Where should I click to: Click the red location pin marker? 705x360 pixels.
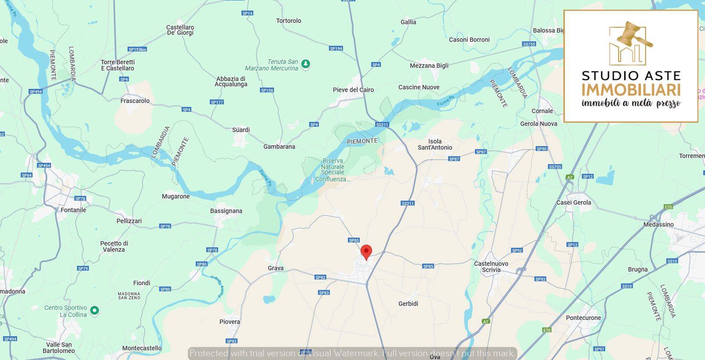pos(366,252)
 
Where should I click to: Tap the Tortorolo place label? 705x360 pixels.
pos(289,21)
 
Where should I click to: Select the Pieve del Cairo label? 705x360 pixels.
pos(353,90)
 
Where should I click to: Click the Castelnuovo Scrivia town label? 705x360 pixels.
pos(491,267)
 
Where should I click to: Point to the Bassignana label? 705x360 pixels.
pos(226,211)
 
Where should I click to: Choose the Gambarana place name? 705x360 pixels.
pos(279,147)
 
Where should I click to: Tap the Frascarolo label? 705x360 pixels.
pos(135,101)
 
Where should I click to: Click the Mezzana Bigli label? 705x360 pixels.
pos(429,66)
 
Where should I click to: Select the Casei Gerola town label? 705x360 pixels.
pos(573,202)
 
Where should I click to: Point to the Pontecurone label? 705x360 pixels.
pos(583,318)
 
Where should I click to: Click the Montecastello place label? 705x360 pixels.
pos(142,348)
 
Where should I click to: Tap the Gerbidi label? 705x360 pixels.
pos(408,304)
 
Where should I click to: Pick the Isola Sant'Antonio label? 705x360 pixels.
pos(435,144)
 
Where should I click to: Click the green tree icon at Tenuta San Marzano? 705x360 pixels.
pos(306,64)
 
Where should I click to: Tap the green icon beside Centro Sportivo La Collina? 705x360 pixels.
pos(94,311)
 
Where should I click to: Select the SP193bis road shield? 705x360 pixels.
pos(137,49)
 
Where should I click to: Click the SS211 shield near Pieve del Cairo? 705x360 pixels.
pos(382,125)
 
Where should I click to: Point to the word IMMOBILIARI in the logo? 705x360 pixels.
pos(631,90)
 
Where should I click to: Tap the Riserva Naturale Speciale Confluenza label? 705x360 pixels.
pos(332,170)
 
